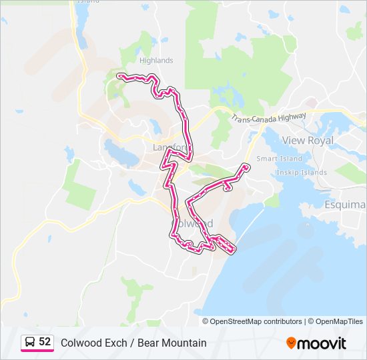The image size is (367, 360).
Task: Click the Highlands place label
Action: click(x=156, y=61)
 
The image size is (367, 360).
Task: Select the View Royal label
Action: click(x=308, y=141)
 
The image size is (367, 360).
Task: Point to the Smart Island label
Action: click(x=279, y=159)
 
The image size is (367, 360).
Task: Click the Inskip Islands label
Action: click(x=302, y=173)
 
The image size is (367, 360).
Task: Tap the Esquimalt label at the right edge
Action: click(x=345, y=204)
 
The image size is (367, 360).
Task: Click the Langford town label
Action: click(x=171, y=147)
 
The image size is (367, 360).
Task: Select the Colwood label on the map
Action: click(x=194, y=223)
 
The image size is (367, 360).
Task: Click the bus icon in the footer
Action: click(x=30, y=343)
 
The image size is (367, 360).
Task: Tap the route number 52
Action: click(x=45, y=342)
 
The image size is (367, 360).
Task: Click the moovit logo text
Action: click(x=322, y=343)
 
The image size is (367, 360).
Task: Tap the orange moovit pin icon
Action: click(x=291, y=343)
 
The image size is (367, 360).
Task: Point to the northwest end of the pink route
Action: click(x=119, y=76)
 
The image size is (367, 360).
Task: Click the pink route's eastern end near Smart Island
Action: click(x=246, y=165)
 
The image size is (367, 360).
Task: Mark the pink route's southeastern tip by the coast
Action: click(x=233, y=251)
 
